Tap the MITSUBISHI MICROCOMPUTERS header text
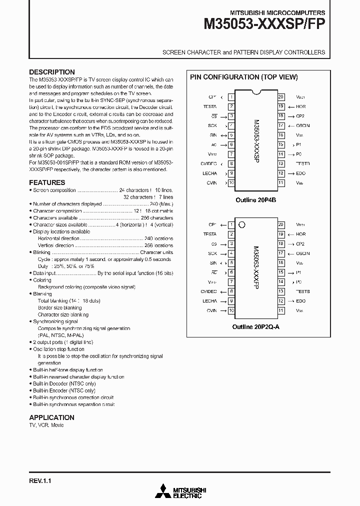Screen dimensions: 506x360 277,12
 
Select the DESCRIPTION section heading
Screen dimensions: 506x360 52,72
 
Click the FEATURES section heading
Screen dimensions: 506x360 47,182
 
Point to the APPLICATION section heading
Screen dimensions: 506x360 51,417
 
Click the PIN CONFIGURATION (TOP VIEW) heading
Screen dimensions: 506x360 243,77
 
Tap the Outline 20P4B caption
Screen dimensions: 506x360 256,199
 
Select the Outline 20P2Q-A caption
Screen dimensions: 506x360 256,326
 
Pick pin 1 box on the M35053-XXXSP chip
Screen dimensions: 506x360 231,97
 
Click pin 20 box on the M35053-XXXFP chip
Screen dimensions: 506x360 281,224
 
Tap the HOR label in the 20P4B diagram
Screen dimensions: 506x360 300,106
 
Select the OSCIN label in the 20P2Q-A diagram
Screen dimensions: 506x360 302,253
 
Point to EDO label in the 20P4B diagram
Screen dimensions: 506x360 300,173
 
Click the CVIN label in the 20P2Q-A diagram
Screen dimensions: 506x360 211,310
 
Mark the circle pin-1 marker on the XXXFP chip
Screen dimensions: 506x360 242,224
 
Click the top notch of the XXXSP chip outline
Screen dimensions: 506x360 256,92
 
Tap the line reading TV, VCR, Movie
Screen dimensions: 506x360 46,425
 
